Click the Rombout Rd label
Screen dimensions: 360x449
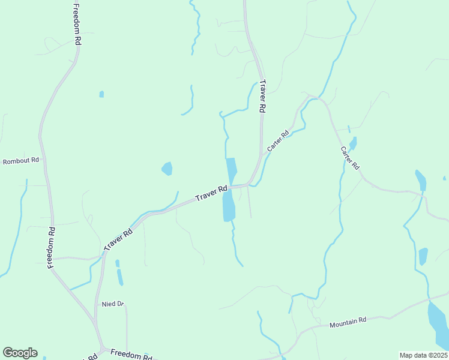pyautogui.click(x=21, y=161)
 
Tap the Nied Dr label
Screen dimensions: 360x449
pyautogui.click(x=112, y=304)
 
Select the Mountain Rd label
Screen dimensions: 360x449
pyautogui.click(x=348, y=322)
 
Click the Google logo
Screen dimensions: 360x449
pyautogui.click(x=20, y=353)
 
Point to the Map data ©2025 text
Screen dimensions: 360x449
pyautogui.click(x=423, y=355)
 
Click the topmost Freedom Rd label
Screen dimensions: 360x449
pyautogui.click(x=76, y=25)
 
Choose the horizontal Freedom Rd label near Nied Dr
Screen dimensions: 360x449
pyautogui.click(x=131, y=355)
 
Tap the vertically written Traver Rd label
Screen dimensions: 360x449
pyautogui.click(x=262, y=97)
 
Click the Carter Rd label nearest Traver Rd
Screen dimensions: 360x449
pyautogui.click(x=278, y=141)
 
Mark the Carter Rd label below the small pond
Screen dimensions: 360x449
pyautogui.click(x=350, y=157)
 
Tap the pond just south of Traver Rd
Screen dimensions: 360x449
pyautogui.click(x=228, y=206)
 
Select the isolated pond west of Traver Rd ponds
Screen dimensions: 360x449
pyautogui.click(x=167, y=169)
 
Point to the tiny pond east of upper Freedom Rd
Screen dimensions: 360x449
pyautogui.click(x=101, y=94)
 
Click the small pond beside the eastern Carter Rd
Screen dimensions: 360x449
pyautogui.click(x=353, y=143)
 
